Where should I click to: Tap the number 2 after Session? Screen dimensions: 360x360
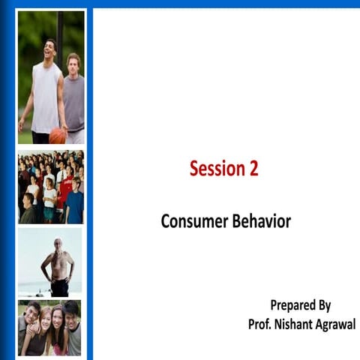point(253,169)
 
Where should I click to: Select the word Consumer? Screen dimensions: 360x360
point(191,222)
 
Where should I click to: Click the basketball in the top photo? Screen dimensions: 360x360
point(57,136)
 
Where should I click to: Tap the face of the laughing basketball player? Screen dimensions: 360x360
point(50,51)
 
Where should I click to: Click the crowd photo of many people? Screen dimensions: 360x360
point(50,187)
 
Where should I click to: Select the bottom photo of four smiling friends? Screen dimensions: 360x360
point(50,328)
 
